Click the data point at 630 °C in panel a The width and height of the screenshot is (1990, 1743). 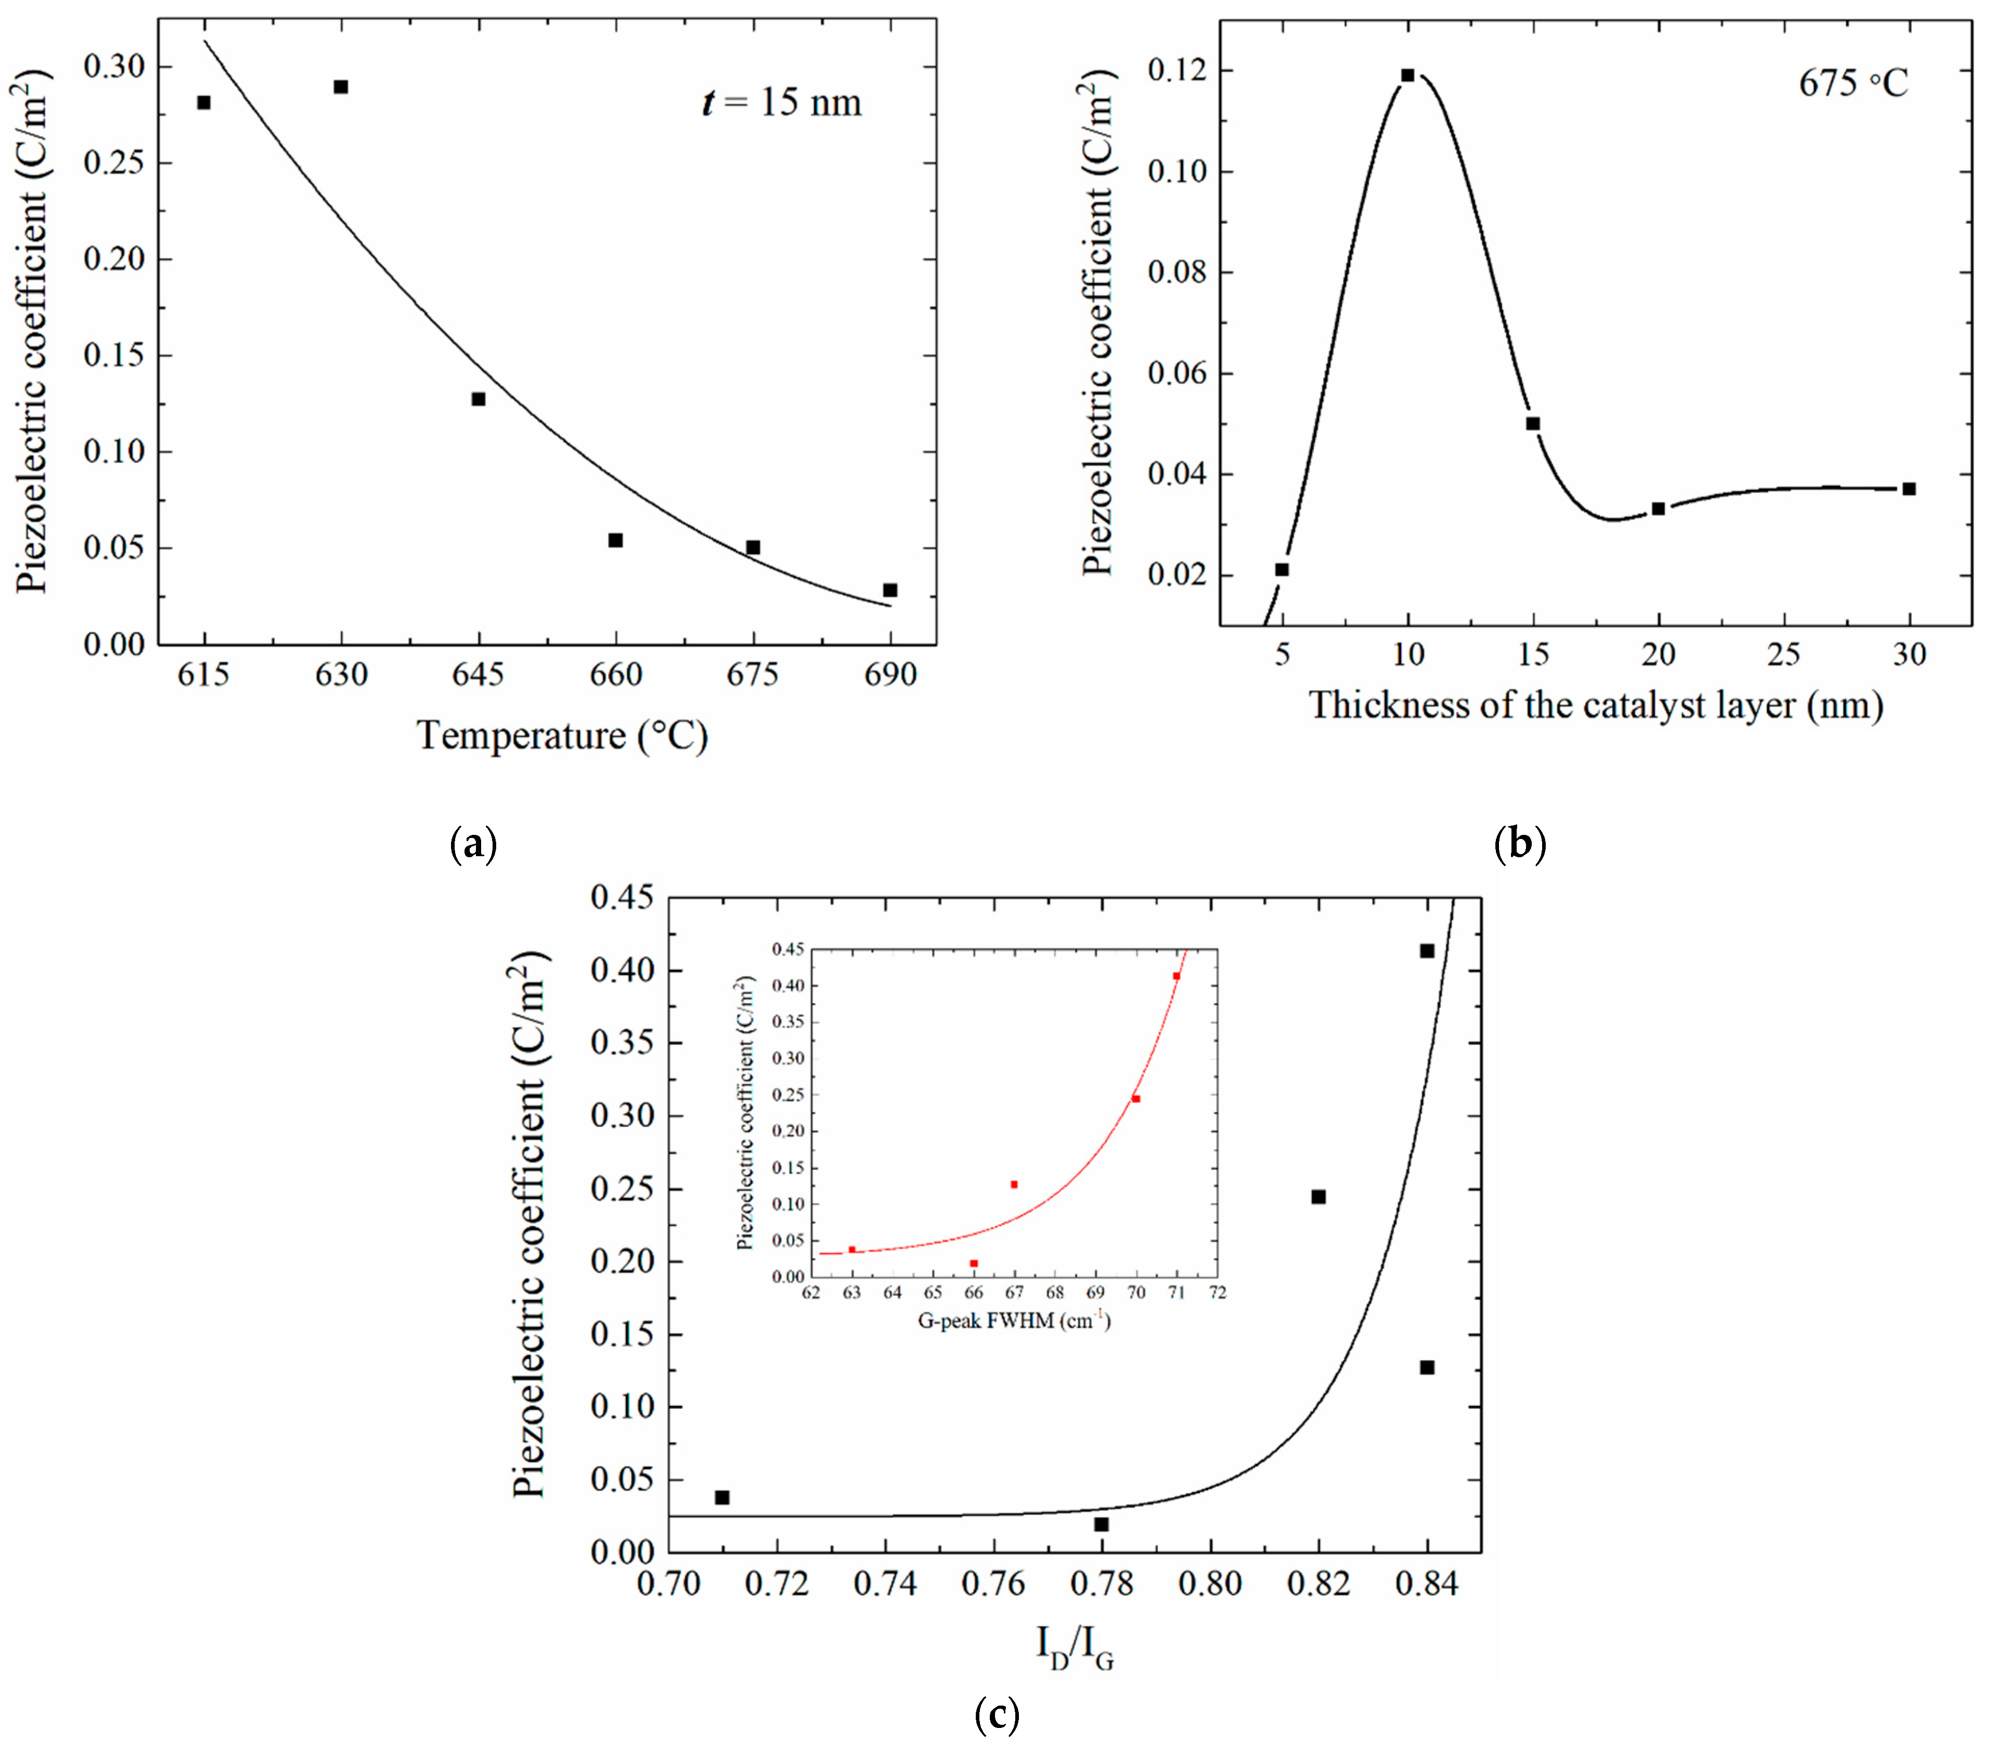(340, 87)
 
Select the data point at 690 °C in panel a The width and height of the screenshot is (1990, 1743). (889, 590)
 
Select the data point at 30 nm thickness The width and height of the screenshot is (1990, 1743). (1908, 489)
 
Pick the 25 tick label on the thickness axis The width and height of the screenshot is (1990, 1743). (1784, 655)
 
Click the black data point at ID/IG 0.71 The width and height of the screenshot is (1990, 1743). (722, 1497)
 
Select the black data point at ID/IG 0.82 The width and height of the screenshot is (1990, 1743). (1318, 1196)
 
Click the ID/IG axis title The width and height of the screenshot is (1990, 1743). (1074, 1647)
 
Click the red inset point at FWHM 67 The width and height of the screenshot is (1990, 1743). (1014, 1183)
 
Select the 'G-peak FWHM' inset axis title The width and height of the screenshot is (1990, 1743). (1014, 1321)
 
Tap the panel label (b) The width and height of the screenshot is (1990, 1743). (1519, 842)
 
